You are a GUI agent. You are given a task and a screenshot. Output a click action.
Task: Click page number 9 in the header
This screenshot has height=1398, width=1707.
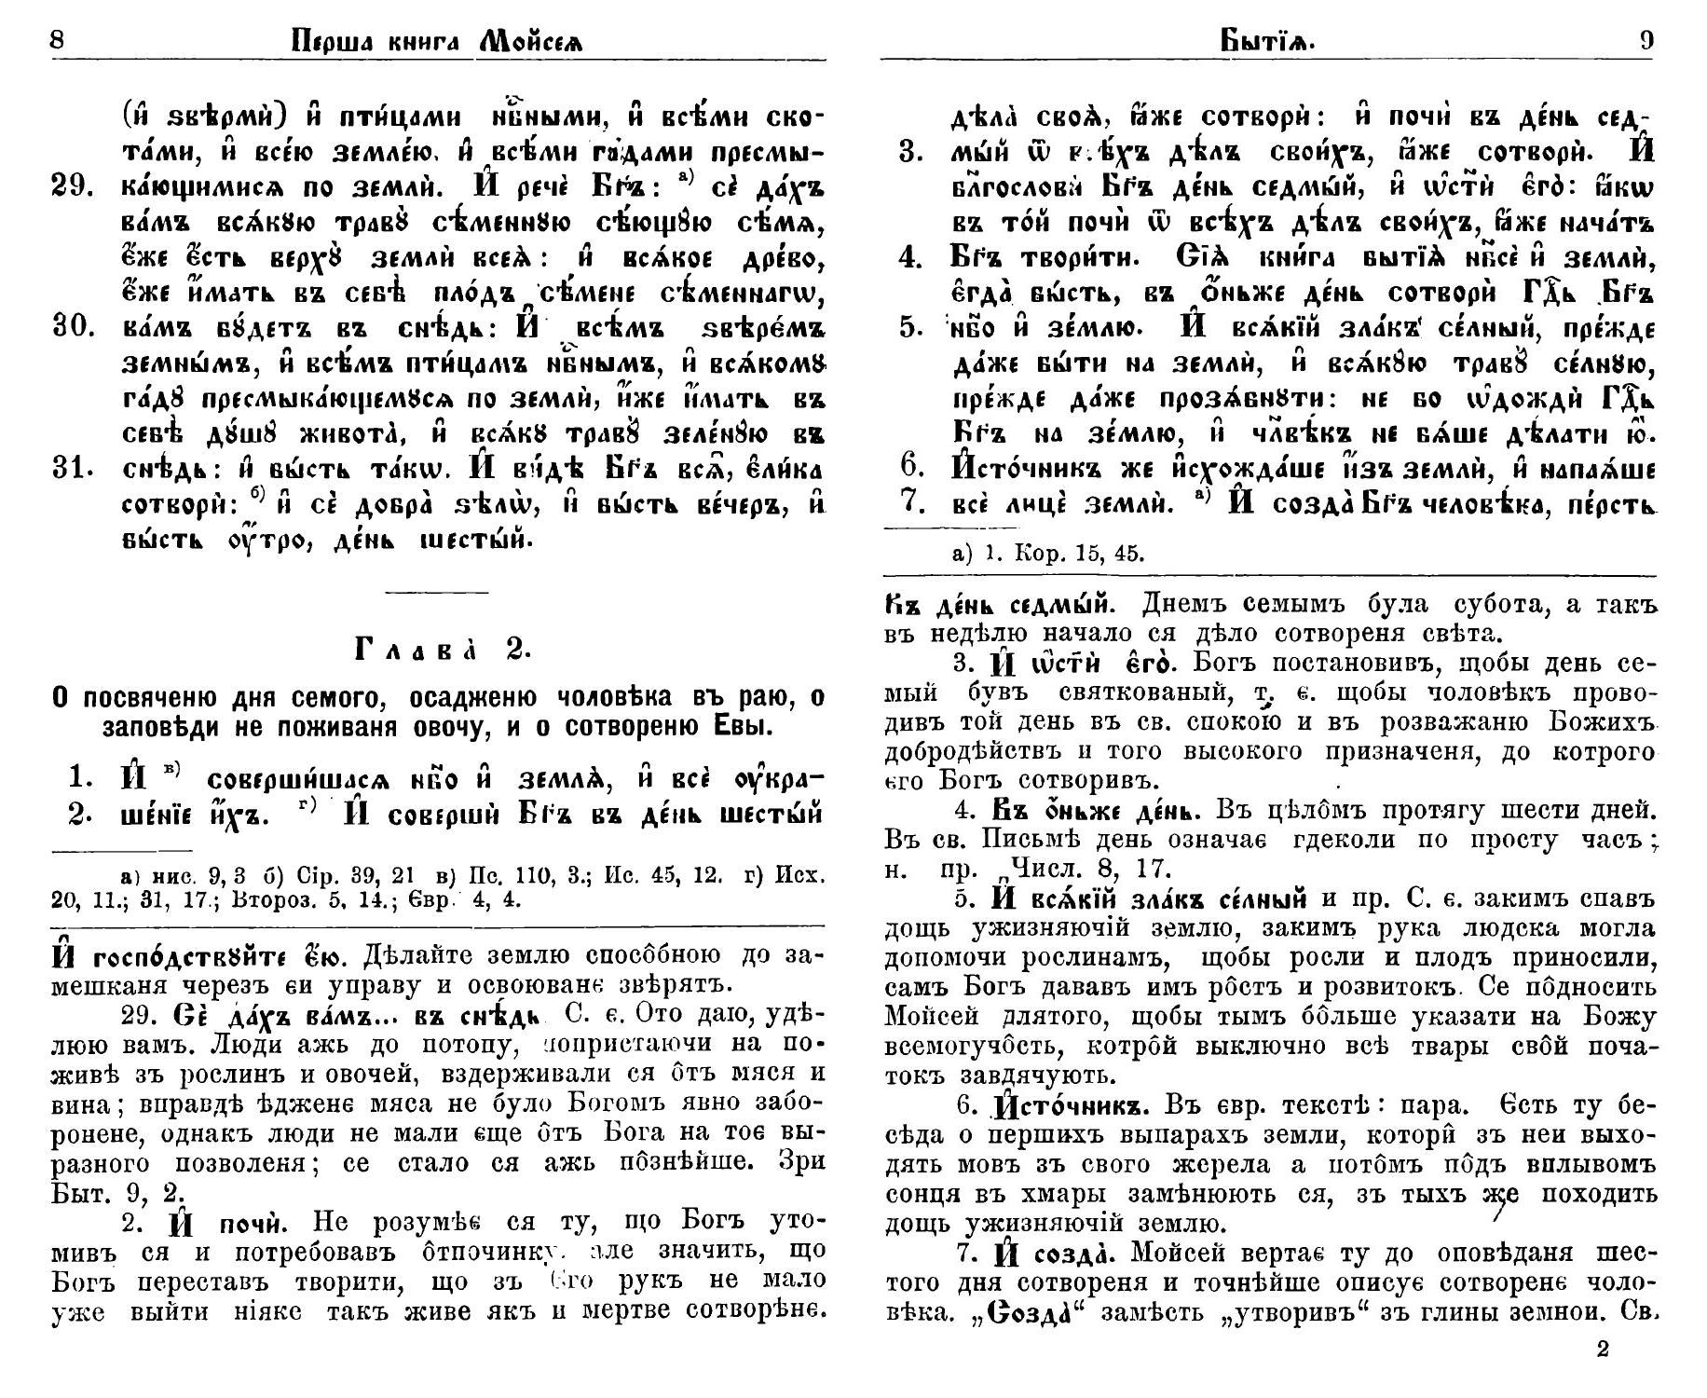pos(1646,40)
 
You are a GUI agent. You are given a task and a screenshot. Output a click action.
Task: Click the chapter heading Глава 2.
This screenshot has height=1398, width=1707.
pos(443,651)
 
